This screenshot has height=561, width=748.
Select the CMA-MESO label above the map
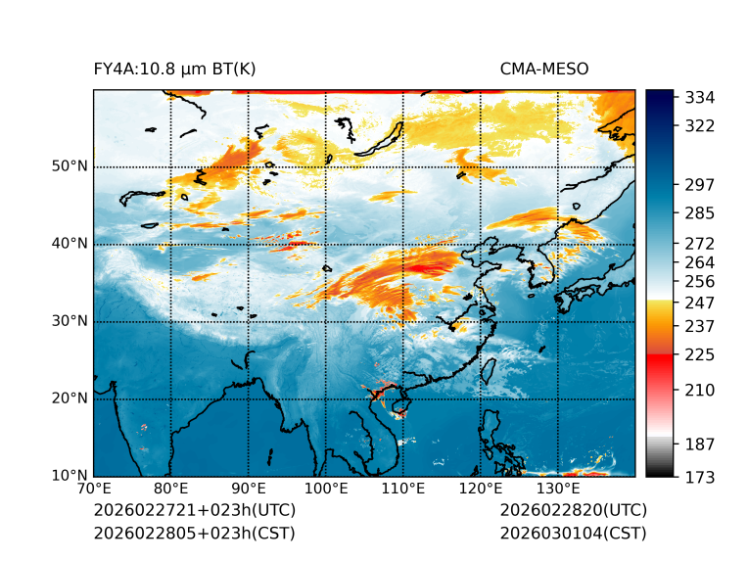(543, 69)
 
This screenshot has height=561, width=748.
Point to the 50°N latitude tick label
(70, 166)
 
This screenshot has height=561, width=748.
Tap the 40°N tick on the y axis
(70, 244)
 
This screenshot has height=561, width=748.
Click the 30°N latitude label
(70, 321)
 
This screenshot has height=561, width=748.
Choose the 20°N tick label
(70, 398)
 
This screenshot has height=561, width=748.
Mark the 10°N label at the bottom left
(70, 476)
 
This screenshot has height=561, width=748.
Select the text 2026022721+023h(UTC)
(194, 511)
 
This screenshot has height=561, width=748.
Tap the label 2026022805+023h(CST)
(194, 534)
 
